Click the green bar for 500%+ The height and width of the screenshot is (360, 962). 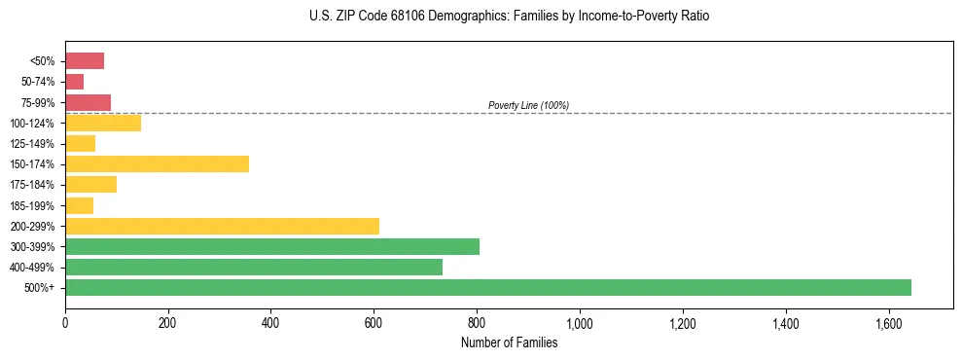coord(487,287)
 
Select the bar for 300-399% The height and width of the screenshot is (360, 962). coord(272,246)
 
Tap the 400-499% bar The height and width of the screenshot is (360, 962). coord(254,267)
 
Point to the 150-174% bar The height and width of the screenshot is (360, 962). coord(157,163)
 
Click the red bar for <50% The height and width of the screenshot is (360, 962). coord(85,61)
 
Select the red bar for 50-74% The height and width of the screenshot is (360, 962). coord(74,82)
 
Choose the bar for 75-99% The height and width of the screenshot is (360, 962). coord(88,102)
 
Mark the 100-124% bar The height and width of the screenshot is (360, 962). coord(103,123)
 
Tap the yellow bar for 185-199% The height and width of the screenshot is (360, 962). coord(79,205)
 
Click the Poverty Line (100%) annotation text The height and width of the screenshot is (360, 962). coord(528,105)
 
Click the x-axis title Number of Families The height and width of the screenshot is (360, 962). coord(509,342)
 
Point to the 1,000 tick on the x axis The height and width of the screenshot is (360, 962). coord(580,321)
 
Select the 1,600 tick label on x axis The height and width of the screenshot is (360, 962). coord(888,321)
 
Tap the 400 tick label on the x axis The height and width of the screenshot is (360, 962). coord(270,321)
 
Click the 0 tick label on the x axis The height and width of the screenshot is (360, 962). coord(65,321)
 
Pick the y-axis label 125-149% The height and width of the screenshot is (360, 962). coord(32,144)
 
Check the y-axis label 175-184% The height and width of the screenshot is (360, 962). coord(32,185)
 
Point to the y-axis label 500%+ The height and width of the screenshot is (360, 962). coord(40,288)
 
